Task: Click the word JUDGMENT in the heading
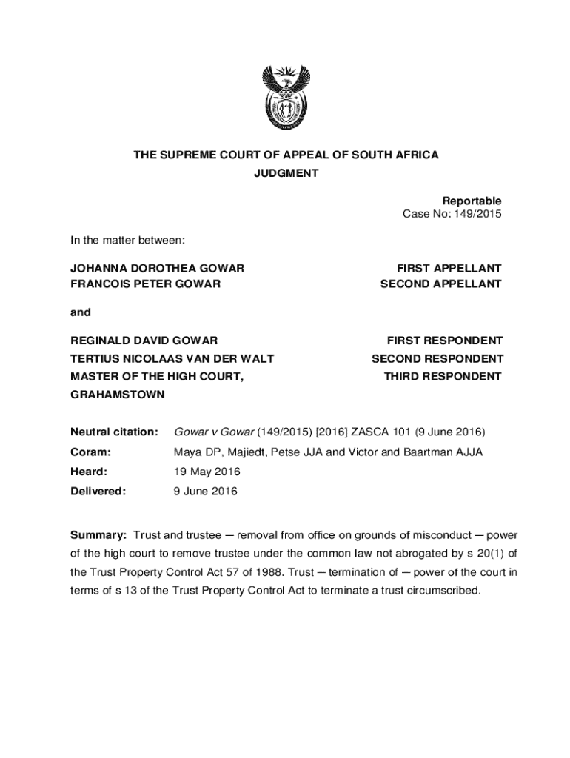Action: point(286,173)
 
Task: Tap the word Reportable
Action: point(472,201)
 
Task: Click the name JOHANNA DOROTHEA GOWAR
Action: point(157,268)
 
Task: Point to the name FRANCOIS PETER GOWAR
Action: point(145,284)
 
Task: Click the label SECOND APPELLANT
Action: point(441,284)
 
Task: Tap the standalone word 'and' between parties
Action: point(81,312)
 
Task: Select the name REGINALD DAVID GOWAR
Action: point(144,341)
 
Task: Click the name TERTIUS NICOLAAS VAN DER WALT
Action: point(172,358)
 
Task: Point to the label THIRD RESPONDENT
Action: point(443,376)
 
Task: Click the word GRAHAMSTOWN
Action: point(117,395)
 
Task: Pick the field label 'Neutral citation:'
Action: point(114,432)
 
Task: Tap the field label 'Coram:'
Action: point(90,452)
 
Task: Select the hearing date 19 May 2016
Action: point(207,472)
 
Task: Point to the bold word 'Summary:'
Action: point(98,535)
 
